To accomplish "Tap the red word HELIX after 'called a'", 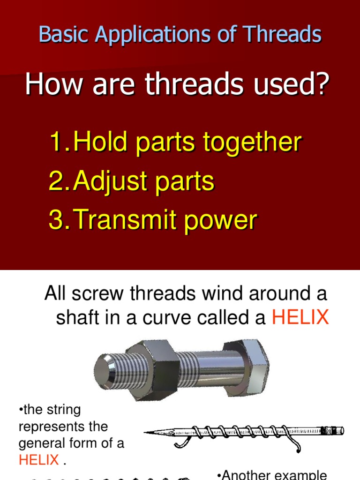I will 300,318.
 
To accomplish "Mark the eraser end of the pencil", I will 335,430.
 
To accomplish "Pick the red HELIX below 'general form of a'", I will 39,460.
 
